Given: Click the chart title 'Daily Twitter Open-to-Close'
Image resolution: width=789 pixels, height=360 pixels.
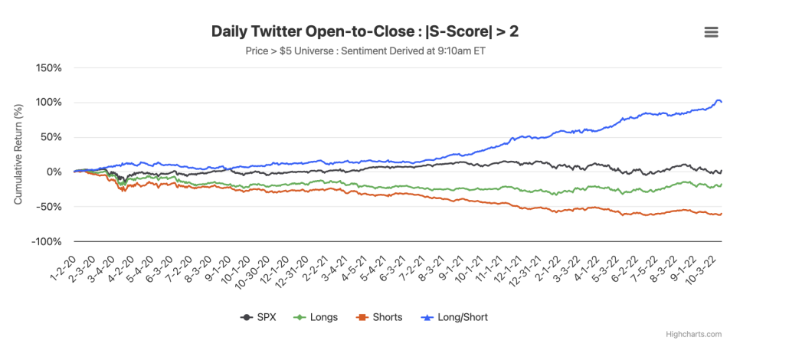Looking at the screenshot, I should (369, 31).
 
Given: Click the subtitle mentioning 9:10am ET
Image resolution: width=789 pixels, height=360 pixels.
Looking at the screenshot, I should (369, 52).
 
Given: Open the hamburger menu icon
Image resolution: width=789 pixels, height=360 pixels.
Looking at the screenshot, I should (711, 31).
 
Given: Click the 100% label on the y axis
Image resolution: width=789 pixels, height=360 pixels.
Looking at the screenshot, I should (50, 103).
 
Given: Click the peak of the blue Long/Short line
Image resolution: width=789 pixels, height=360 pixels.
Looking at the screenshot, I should (718, 100).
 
